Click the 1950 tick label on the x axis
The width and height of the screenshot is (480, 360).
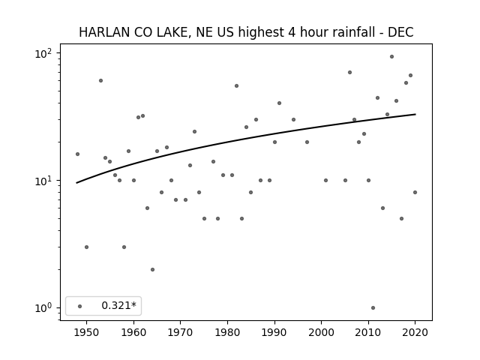tap(87, 332)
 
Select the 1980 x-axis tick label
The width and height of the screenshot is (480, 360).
tap(227, 332)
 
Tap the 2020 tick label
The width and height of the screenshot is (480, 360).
tap(415, 332)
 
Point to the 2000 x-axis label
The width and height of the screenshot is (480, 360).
tap(322, 332)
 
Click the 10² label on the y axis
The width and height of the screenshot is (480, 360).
tap(43, 54)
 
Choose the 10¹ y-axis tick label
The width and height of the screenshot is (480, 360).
tap(43, 181)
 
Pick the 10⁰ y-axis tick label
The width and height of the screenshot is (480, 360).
tap(43, 308)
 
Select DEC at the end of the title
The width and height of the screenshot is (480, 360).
tap(400, 32)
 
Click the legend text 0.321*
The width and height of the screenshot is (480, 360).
tap(118, 305)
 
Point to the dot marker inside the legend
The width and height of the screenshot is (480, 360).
tap(80, 306)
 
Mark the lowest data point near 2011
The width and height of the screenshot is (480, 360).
tap(373, 308)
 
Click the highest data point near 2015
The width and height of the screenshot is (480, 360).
tap(391, 57)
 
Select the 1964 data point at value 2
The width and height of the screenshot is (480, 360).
tap(152, 270)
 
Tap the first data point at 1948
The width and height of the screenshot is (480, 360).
tap(77, 154)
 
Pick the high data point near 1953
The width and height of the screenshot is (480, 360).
tap(100, 81)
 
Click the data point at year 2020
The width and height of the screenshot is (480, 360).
tap(415, 192)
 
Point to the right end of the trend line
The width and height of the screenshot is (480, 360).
tap(415, 114)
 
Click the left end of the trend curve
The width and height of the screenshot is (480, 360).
tap(76, 183)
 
